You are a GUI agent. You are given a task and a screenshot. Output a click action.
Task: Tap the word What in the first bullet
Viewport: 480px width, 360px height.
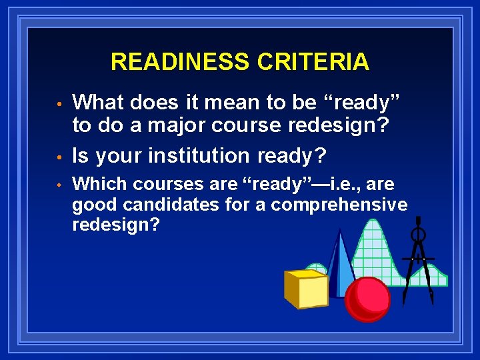[x=99, y=103]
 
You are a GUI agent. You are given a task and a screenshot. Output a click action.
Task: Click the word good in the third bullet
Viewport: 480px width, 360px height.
[x=91, y=204]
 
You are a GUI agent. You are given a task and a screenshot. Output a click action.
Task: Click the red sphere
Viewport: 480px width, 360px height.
[x=367, y=299]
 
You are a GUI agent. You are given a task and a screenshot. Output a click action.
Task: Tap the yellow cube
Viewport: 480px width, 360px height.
[x=305, y=288]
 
